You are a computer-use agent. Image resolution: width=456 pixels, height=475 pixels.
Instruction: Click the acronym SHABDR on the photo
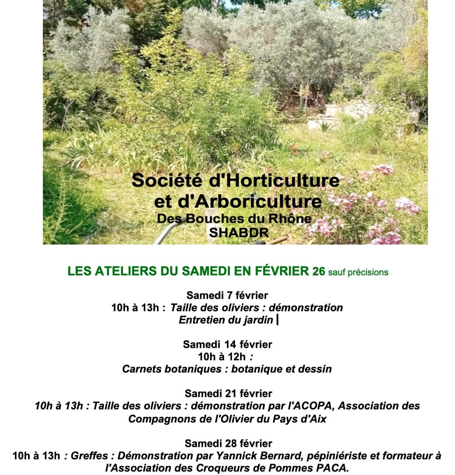(238, 232)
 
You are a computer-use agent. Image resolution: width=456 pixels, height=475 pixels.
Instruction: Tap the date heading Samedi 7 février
(227, 295)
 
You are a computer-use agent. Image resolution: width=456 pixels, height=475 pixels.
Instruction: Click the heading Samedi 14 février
(227, 344)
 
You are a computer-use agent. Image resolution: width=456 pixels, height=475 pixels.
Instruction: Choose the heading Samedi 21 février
(228, 393)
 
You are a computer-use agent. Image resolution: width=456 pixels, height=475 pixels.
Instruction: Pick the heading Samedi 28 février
(228, 443)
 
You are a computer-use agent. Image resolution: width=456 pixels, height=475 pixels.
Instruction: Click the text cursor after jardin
(278, 320)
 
